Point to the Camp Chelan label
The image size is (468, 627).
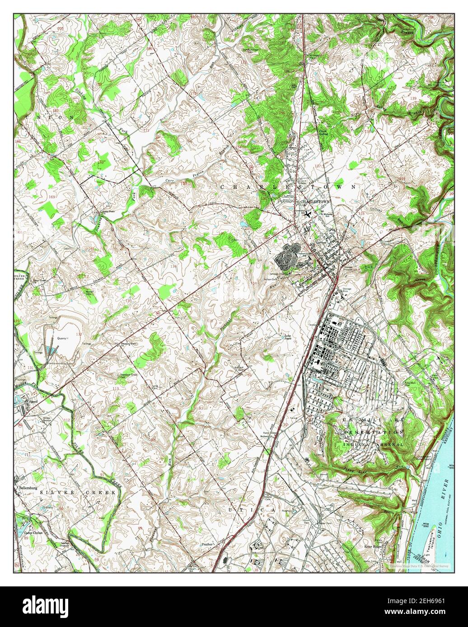click(33, 532)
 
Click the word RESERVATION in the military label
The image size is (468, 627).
click(373, 432)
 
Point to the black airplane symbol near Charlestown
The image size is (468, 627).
click(309, 213)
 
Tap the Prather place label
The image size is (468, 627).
click(207, 544)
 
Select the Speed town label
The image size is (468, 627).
click(33, 400)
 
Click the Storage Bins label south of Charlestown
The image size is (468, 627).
click(346, 289)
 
